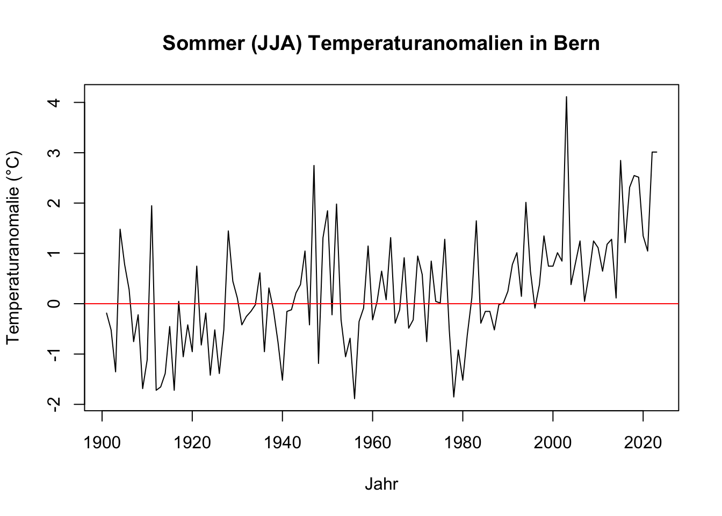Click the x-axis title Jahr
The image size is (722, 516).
pos(381,484)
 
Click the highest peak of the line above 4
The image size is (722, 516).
pos(566,97)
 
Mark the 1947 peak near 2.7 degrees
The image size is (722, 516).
pos(314,166)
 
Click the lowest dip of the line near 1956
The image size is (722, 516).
pos(355,398)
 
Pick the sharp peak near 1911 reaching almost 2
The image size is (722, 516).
pos(151,206)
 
